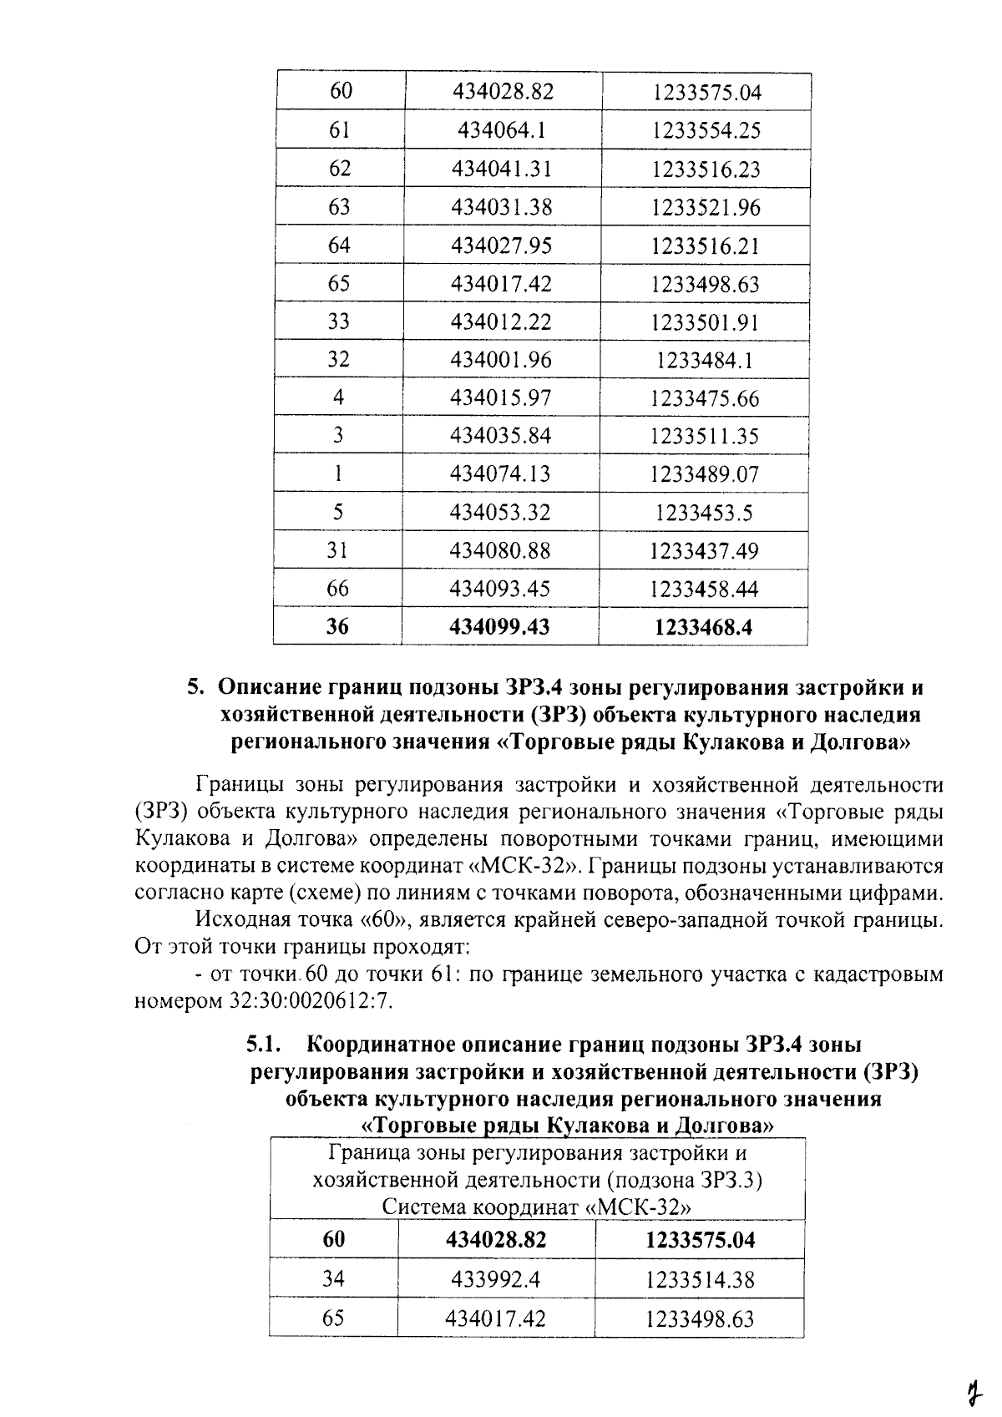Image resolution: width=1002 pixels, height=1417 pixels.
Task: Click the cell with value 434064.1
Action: tap(503, 130)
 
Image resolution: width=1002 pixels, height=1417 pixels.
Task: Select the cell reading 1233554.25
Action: tap(706, 130)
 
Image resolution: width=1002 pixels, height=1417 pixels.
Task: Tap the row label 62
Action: tap(340, 169)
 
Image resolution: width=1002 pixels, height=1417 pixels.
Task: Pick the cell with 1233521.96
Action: tap(706, 207)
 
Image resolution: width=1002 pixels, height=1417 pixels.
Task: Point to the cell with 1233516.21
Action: tap(706, 245)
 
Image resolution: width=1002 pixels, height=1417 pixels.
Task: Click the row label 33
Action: tap(338, 321)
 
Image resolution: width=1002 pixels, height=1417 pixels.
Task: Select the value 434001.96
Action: tap(501, 360)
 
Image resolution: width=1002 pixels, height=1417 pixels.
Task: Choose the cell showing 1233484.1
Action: tap(706, 360)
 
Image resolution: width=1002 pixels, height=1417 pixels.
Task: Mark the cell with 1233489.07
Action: tap(705, 473)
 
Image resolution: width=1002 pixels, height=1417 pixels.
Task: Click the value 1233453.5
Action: tap(705, 512)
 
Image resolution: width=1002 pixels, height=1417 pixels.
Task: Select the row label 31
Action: tap(337, 550)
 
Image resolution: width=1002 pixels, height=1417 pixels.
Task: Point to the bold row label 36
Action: tap(337, 626)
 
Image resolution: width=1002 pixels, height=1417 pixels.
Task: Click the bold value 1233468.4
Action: tap(704, 626)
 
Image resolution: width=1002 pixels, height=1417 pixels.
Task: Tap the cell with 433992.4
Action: tap(497, 1279)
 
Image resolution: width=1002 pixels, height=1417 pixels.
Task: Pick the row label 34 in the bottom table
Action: tap(334, 1279)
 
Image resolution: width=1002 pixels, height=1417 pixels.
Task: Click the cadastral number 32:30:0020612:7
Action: tap(309, 1000)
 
